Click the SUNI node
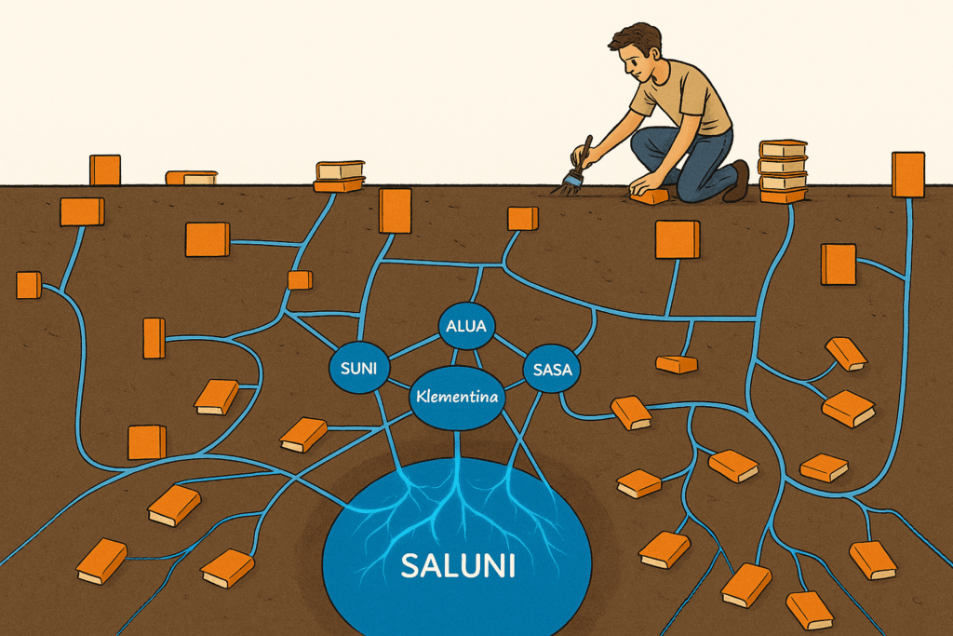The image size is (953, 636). pos(358,368)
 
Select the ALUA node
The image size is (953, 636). pos(466,326)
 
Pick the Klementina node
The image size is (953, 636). pos(457,399)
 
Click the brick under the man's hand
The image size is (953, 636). pos(649,196)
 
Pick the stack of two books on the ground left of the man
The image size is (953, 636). pos(339,176)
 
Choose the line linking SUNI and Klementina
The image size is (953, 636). pos(397,384)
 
